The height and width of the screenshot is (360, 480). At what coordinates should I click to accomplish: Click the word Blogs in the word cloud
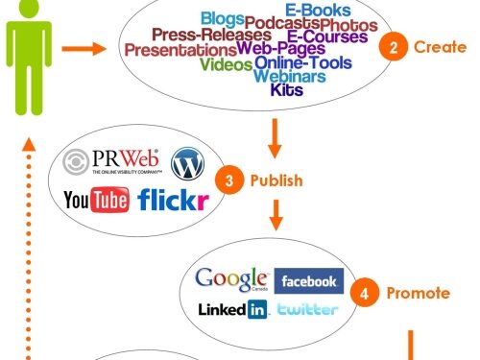[x=221, y=18]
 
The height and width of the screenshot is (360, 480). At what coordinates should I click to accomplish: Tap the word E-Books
[x=304, y=10]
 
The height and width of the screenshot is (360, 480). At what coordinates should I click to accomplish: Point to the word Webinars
[x=288, y=77]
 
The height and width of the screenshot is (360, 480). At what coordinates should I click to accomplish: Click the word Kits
[x=287, y=91]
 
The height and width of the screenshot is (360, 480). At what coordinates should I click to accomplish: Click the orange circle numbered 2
[x=388, y=47]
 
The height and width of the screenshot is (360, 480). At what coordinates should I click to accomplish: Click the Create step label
[x=434, y=47]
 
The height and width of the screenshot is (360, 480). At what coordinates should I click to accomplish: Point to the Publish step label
[x=276, y=180]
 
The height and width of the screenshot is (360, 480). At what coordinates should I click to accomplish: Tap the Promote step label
[x=419, y=294]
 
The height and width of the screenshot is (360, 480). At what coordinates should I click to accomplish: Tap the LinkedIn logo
[x=232, y=309]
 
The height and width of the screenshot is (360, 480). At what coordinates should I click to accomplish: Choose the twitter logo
[x=307, y=309]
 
